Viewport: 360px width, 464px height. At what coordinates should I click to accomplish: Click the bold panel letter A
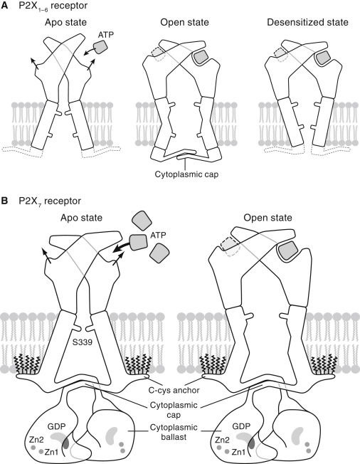tap(5, 6)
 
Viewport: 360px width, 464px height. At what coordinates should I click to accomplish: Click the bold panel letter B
tap(5, 201)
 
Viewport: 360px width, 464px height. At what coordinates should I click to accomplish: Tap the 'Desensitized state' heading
tap(307, 23)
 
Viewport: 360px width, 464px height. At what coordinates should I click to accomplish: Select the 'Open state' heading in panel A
tap(184, 23)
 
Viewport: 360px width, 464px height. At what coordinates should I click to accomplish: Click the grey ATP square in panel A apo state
tap(101, 47)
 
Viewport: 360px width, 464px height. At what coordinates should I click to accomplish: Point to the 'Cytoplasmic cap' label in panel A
tap(186, 174)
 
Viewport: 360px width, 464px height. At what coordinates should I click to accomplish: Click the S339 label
tap(83, 342)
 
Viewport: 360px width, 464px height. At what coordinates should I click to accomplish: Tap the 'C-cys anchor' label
tap(174, 390)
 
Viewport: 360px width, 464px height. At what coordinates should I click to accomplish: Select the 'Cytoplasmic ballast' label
tap(174, 432)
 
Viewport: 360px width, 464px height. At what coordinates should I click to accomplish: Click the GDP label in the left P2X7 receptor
tap(56, 426)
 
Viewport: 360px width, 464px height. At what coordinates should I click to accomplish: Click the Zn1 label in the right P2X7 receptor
tap(238, 452)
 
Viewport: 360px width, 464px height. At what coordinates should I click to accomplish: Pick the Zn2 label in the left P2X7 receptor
tap(36, 440)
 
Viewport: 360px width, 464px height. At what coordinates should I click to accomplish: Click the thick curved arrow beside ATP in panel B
tap(121, 244)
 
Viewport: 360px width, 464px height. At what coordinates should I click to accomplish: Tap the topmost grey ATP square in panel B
tap(142, 221)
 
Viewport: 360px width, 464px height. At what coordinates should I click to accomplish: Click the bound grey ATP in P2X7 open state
tap(287, 250)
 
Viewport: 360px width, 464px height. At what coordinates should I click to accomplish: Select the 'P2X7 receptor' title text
tap(50, 201)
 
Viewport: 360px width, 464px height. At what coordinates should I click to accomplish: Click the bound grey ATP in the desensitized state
tap(323, 58)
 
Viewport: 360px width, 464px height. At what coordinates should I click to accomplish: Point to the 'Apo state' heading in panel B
tap(81, 218)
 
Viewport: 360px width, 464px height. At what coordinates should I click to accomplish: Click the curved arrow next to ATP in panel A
tap(90, 52)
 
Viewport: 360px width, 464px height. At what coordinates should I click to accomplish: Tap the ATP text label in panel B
tap(158, 236)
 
